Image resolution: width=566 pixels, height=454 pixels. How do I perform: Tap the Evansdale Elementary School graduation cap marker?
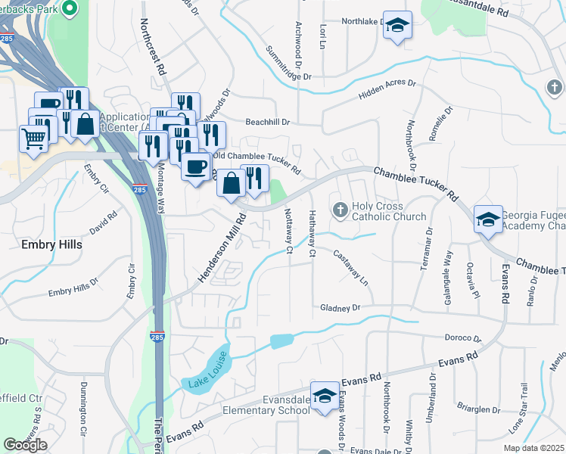point(325,396)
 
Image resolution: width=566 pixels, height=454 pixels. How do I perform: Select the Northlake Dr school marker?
point(397,26)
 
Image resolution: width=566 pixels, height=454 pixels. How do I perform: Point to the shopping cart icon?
point(34,138)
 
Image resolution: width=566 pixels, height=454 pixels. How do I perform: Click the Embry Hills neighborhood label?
point(51,245)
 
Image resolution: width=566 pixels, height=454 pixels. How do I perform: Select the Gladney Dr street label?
point(341,308)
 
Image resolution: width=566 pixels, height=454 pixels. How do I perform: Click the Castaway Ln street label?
point(350,269)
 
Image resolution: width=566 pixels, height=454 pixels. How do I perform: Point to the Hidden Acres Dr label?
point(387,89)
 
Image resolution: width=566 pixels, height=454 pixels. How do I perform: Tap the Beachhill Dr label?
point(268,121)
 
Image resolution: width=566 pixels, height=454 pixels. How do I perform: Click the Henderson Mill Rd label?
point(222,250)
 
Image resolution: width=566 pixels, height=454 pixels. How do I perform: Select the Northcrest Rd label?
point(152,46)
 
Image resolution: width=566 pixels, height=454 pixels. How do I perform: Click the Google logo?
point(25,444)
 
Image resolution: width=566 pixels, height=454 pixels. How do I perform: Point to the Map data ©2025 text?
point(533,448)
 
